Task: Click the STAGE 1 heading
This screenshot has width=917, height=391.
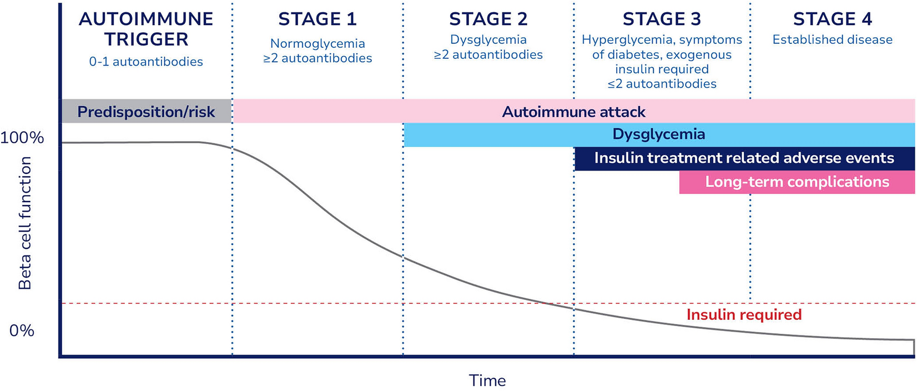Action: [x=317, y=19]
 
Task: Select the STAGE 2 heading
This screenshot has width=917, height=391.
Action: [x=488, y=19]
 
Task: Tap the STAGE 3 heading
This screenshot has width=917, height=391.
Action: [x=662, y=19]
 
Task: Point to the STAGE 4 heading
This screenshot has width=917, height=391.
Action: [x=832, y=19]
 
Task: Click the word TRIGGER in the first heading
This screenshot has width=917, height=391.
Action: [x=146, y=39]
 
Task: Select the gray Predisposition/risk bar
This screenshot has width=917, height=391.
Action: [x=146, y=112]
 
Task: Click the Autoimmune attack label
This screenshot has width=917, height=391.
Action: [x=573, y=112]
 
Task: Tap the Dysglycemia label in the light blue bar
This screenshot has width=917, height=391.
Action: [x=659, y=134]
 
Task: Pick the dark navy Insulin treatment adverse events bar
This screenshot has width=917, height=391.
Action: [x=744, y=158]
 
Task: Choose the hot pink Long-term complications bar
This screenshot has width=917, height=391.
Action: [x=797, y=182]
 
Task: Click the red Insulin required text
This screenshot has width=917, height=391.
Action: [x=744, y=315]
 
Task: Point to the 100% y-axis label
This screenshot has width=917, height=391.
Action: [x=22, y=138]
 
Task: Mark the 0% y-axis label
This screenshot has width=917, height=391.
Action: [x=22, y=331]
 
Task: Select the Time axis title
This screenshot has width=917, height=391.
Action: [x=487, y=380]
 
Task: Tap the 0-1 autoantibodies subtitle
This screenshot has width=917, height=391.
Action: [x=146, y=62]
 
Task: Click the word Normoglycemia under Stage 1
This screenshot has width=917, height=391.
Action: [x=318, y=43]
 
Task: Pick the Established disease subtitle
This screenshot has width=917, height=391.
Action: [x=832, y=39]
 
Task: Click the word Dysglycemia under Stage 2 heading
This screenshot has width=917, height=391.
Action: [x=488, y=39]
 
